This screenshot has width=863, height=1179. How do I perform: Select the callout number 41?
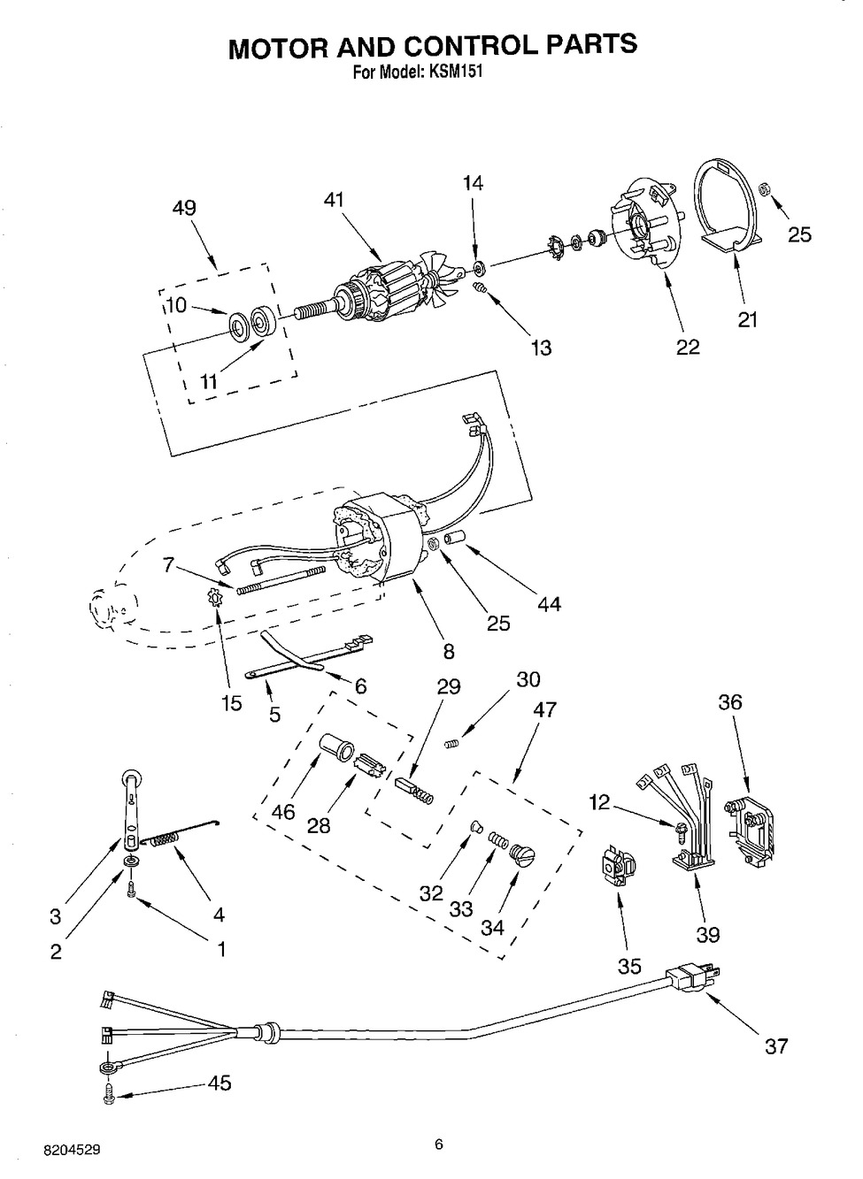point(334,200)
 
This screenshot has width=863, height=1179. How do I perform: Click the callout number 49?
point(184,208)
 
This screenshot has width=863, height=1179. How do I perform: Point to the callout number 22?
point(688,347)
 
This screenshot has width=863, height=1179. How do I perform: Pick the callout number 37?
point(776,1045)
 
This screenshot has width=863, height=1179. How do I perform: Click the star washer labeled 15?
point(215,598)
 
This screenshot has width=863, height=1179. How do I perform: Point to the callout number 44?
point(549,604)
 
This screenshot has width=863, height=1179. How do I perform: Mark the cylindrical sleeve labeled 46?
point(337,746)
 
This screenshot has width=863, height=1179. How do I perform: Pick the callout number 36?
point(730,701)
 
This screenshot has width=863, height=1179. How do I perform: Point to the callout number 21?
point(747,319)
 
